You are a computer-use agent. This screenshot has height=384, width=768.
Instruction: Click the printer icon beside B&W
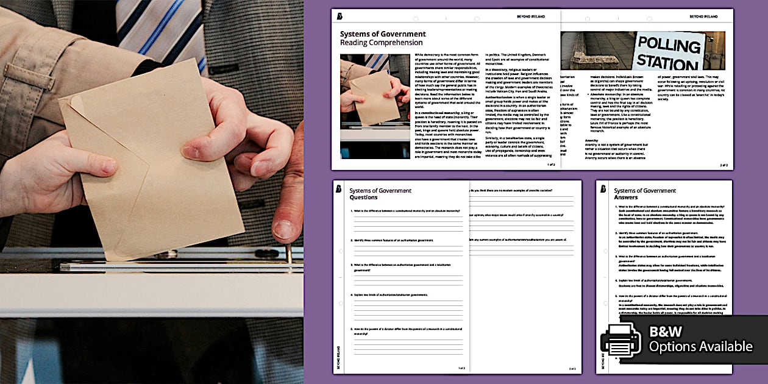(620, 340)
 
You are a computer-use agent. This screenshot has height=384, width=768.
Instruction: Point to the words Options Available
(700, 347)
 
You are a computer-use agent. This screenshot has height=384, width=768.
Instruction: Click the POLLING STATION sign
(669, 52)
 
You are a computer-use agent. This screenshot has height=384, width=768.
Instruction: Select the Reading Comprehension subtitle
(381, 43)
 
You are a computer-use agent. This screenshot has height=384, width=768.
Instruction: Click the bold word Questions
(363, 197)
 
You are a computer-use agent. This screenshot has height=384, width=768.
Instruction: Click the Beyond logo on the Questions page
(338, 189)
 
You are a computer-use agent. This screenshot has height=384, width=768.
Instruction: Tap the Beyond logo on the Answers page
(603, 189)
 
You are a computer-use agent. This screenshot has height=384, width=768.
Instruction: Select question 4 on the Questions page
(390, 295)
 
